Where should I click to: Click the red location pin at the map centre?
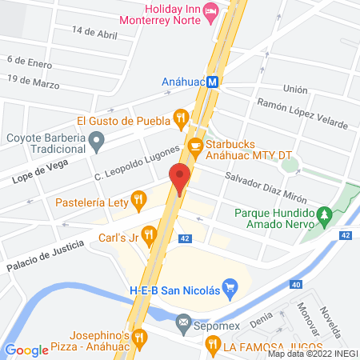click(179, 178)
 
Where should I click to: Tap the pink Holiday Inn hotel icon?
click(210, 10)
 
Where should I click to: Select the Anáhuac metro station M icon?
click(213, 81)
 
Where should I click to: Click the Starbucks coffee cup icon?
click(194, 145)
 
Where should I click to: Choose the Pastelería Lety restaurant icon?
click(139, 197)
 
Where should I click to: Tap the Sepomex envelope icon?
click(183, 325)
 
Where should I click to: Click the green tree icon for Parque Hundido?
click(323, 214)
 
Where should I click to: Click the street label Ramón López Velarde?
click(302, 114)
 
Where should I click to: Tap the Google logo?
click(26, 350)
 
